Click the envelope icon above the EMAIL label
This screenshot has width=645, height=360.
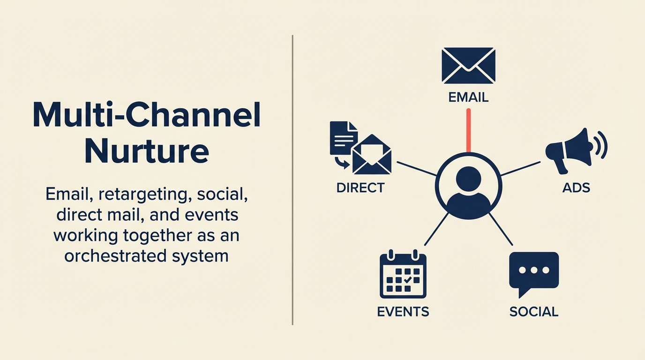pyautogui.click(x=468, y=66)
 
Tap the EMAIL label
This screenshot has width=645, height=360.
pyautogui.click(x=468, y=97)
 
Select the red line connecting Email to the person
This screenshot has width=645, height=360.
pyautogui.click(x=468, y=130)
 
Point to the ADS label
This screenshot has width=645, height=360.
pyautogui.click(x=576, y=188)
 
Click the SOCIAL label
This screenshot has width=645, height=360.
pyautogui.click(x=533, y=312)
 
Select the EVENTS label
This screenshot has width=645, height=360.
pyautogui.click(x=403, y=312)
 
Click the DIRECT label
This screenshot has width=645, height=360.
pyautogui.click(x=360, y=188)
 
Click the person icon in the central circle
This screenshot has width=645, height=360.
pyautogui.click(x=468, y=187)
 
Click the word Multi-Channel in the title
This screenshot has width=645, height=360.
pyautogui.click(x=146, y=115)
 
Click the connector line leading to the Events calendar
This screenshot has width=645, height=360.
pyautogui.click(x=436, y=229)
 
